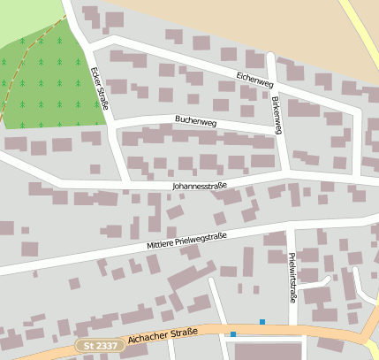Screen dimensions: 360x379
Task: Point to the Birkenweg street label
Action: (x=277, y=115)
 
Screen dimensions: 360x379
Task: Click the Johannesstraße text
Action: (x=200, y=186)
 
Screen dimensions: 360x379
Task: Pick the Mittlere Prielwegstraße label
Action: (x=187, y=241)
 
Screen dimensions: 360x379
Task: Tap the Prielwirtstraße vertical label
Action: (x=292, y=278)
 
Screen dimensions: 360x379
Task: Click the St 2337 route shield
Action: (x=99, y=345)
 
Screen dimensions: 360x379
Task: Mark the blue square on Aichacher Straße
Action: (x=233, y=333)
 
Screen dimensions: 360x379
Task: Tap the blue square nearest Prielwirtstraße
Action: (x=262, y=321)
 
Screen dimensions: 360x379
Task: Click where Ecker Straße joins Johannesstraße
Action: (x=125, y=183)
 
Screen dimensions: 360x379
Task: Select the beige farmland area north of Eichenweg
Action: (x=265, y=27)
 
